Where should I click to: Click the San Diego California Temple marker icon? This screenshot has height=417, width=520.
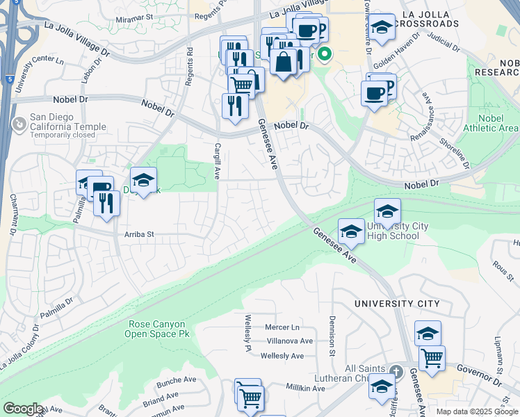(19, 124)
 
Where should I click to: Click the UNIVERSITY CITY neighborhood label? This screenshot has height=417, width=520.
(396, 304)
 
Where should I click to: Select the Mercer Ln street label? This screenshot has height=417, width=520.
(282, 327)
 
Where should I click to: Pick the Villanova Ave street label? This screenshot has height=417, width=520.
(290, 341)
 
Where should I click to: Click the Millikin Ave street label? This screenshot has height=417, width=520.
(305, 388)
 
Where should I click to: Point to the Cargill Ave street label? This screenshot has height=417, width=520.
(217, 162)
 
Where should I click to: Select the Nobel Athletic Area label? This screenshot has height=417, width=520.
(499, 123)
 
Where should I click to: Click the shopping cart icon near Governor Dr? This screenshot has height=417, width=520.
(432, 358)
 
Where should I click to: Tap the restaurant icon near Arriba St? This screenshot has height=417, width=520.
(106, 203)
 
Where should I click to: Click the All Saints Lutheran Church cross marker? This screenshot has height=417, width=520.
(396, 372)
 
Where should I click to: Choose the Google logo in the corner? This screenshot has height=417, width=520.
(22, 409)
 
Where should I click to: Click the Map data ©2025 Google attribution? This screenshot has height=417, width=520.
(477, 411)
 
